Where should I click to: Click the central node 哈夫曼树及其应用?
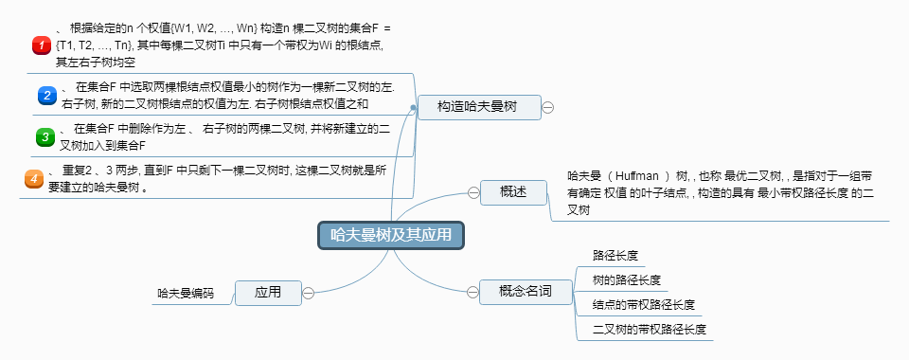pyautogui.click(x=391, y=235)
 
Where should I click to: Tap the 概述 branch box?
pyautogui.click(x=513, y=192)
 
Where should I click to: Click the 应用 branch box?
pyautogui.click(x=268, y=293)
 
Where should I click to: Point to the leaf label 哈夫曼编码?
pyautogui.click(x=186, y=294)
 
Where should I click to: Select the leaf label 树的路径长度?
pyautogui.click(x=626, y=280)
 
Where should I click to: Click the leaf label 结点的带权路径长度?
pyautogui.click(x=643, y=305)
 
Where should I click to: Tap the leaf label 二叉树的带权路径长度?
pyautogui.click(x=649, y=330)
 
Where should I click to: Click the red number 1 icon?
pyautogui.click(x=41, y=45)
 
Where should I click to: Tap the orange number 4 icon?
pyautogui.click(x=33, y=178)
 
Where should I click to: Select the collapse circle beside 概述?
pyautogui.click(x=473, y=192)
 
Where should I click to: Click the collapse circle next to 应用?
pyautogui.click(x=309, y=293)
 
